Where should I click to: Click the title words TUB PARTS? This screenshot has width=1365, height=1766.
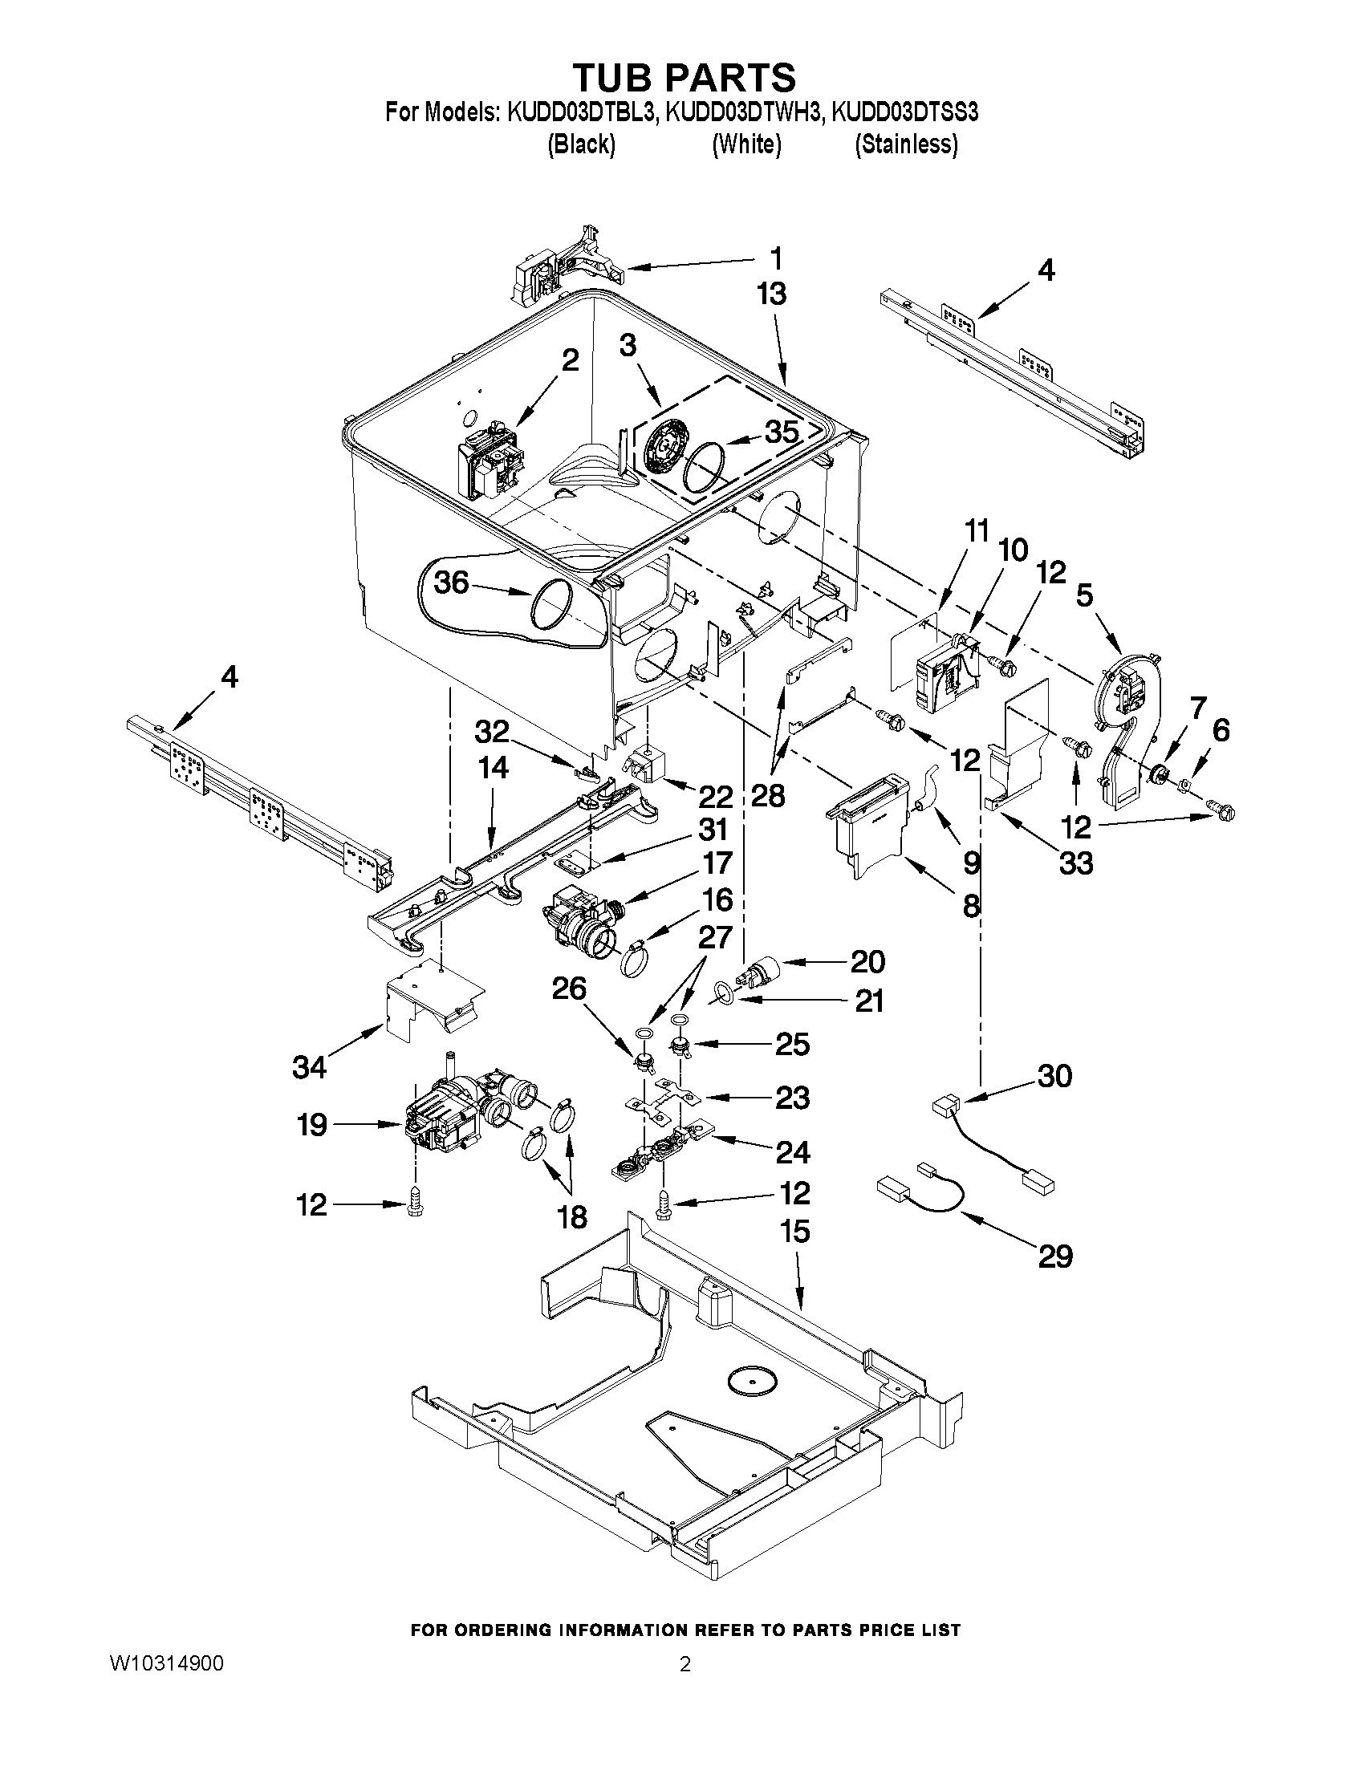click(x=685, y=78)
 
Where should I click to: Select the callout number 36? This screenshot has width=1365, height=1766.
click(x=451, y=582)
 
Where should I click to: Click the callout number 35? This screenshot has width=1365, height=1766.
click(x=781, y=432)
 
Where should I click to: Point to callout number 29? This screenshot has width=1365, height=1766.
click(x=1054, y=1256)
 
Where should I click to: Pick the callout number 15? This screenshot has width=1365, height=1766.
click(x=796, y=1232)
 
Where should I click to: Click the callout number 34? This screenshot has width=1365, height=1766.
click(x=309, y=1067)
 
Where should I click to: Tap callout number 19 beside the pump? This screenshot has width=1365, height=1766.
click(x=312, y=1125)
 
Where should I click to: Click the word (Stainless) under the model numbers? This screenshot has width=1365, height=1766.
click(x=907, y=144)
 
